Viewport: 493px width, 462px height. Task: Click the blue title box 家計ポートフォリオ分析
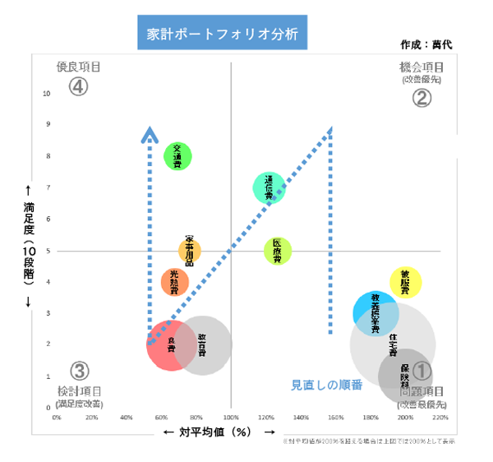(221, 35)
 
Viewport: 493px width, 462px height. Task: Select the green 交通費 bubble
(177, 155)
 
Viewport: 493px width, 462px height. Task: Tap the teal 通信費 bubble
(269, 187)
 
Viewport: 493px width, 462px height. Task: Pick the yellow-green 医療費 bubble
(278, 250)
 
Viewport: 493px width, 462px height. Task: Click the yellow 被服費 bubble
(405, 282)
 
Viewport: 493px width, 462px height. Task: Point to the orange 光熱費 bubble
(174, 281)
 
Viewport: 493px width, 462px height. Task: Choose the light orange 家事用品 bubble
(189, 250)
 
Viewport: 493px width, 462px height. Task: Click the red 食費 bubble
(170, 346)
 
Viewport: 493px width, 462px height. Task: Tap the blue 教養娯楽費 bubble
(376, 312)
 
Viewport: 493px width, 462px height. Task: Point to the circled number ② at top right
(421, 98)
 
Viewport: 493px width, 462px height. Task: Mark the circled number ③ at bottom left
(79, 372)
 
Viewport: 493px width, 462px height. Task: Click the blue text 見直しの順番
(327, 384)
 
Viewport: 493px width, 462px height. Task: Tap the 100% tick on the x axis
(231, 418)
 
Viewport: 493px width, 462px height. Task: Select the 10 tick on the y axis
(48, 93)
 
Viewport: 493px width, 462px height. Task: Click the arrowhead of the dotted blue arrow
(150, 133)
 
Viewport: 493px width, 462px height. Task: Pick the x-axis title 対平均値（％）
(219, 432)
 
